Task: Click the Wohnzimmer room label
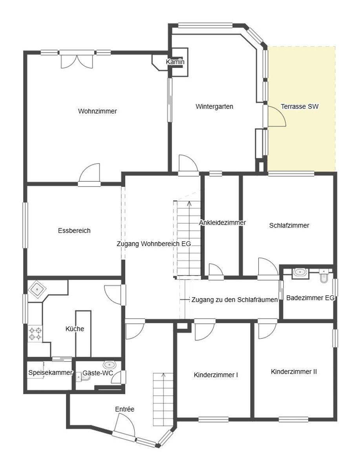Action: [x=97, y=111]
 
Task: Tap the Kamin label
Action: [x=175, y=62]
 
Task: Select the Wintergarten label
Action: [x=214, y=106]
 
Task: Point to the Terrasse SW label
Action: [x=300, y=106]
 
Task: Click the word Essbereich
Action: [x=74, y=230]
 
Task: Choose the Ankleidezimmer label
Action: [x=222, y=223]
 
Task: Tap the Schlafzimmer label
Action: [x=289, y=226]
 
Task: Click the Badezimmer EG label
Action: [x=310, y=298]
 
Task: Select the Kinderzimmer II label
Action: [x=294, y=372]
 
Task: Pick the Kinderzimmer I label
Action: [x=216, y=375]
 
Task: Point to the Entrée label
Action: [x=125, y=409]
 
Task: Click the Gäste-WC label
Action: [x=98, y=373]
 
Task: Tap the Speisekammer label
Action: [x=51, y=372]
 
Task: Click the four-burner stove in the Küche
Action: [x=35, y=334]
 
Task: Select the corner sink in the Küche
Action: [x=38, y=289]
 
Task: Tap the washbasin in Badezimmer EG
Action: [x=300, y=273]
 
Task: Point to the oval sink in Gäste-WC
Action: [x=110, y=364]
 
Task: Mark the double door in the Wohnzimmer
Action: [x=77, y=60]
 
